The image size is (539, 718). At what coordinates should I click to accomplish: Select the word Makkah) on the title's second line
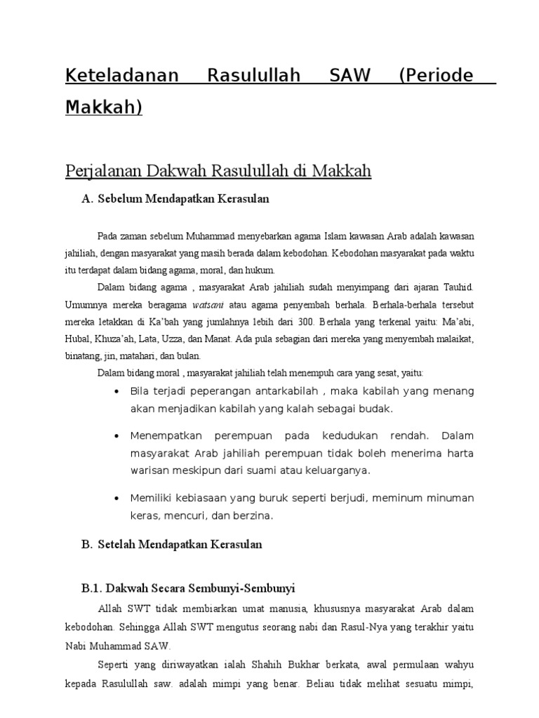(104, 107)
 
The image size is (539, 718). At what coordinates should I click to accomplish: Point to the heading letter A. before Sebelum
(88, 198)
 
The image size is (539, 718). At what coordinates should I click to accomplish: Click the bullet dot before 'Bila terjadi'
(115, 391)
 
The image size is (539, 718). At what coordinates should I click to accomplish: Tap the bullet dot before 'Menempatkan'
(115, 435)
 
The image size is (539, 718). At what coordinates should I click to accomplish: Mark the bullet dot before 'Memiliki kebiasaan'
(115, 498)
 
